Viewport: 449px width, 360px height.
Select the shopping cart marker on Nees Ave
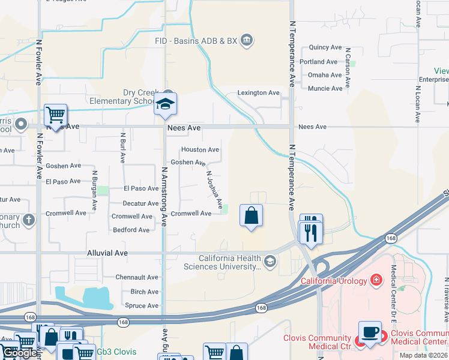pos(55,114)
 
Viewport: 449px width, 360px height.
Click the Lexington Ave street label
pos(259,93)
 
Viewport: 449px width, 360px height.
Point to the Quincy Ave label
pos(325,47)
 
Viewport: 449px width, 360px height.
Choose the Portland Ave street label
pos(319,62)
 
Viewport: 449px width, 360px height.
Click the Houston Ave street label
pos(200,149)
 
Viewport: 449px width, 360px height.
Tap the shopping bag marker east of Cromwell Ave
pos(252,216)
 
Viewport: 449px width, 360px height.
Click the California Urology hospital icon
pos(376,280)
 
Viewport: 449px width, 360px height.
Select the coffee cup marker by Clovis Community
pos(370,332)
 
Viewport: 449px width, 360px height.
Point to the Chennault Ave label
pos(137,277)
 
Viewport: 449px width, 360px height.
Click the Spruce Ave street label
pos(141,306)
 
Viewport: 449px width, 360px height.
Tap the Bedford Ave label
pos(131,230)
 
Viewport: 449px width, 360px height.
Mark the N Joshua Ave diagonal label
pos(214,187)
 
